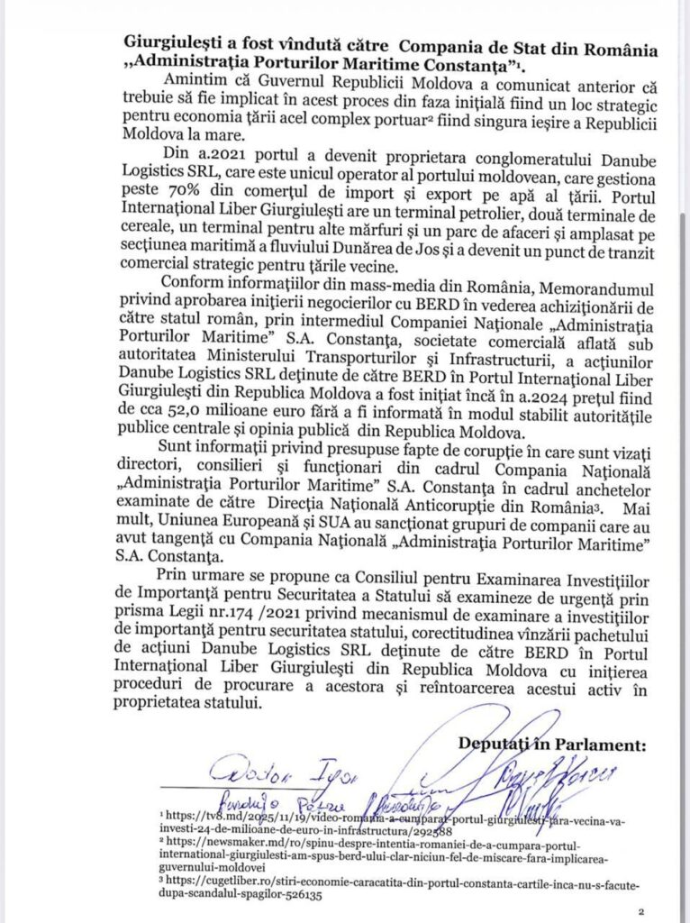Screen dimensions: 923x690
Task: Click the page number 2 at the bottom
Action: (x=640, y=912)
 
